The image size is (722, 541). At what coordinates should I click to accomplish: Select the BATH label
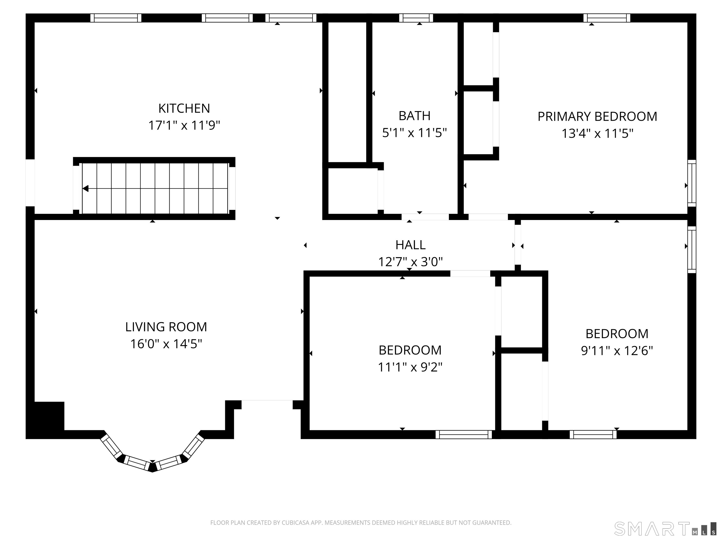(414, 116)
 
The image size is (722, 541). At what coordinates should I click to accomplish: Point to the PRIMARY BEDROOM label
(597, 117)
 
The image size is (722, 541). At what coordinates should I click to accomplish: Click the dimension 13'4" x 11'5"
(597, 134)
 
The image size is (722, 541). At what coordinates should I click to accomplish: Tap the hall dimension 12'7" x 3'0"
(410, 262)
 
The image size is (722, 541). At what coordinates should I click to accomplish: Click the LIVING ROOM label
(166, 327)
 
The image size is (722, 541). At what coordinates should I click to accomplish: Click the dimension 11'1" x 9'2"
(410, 367)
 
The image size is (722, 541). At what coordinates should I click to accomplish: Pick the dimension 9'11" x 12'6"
(616, 351)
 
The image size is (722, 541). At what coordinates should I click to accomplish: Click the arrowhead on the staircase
(86, 189)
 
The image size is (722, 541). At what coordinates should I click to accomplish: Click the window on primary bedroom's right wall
(692, 183)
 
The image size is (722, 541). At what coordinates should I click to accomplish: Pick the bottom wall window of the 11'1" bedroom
(463, 434)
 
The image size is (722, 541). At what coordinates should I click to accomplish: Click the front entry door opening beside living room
(267, 404)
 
